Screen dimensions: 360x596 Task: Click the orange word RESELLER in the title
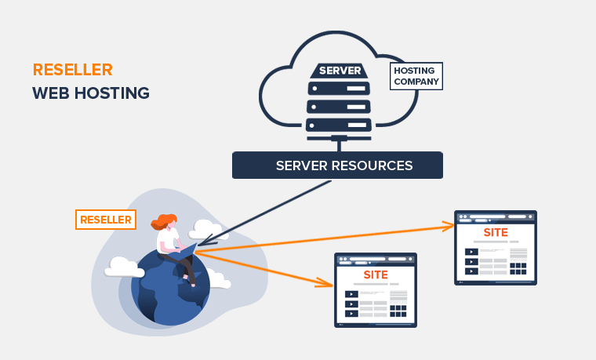tap(72, 70)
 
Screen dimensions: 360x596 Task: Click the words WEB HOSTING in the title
tap(90, 93)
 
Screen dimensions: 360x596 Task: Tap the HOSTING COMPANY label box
tap(416, 76)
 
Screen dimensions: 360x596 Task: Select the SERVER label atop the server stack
tap(340, 71)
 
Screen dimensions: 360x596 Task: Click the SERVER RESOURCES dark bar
tap(337, 165)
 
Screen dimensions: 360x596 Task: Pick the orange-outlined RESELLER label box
tap(105, 220)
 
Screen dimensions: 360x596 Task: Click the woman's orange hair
tap(167, 223)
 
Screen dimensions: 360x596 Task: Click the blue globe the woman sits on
tap(169, 294)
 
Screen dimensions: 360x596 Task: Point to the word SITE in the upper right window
tap(495, 232)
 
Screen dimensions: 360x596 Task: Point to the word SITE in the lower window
tap(376, 275)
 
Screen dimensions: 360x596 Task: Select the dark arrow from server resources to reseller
tap(267, 213)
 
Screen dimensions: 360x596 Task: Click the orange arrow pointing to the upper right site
tap(329, 238)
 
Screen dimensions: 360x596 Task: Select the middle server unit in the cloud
tap(339, 106)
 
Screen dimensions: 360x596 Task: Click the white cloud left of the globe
tap(124, 267)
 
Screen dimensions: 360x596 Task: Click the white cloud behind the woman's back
tap(205, 229)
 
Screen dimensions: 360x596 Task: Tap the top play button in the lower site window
tap(352, 294)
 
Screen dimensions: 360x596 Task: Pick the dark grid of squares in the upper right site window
tap(518, 269)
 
